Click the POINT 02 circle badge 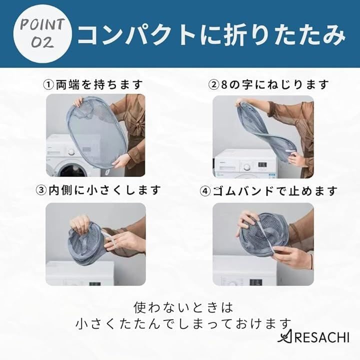[42, 34]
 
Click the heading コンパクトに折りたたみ [211, 34]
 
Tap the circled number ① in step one [48, 85]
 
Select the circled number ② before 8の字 [213, 85]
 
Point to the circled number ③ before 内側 [41, 190]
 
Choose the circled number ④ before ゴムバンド [205, 191]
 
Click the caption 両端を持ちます [99, 85]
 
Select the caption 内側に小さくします [104, 190]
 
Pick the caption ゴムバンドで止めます [275, 191]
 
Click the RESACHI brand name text [321, 337]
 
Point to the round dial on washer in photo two [247, 167]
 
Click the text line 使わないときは [183, 307]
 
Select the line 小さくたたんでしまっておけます [183, 323]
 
